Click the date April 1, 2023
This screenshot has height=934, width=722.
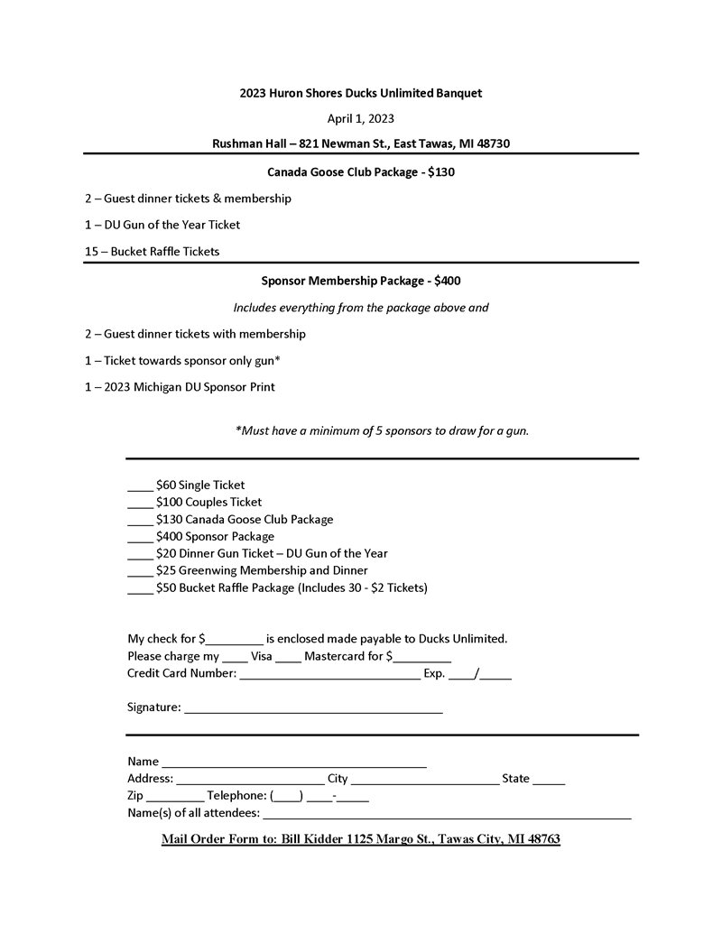coord(360,118)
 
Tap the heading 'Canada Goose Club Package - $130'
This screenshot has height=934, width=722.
coord(360,171)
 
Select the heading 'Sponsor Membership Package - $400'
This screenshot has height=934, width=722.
coord(360,281)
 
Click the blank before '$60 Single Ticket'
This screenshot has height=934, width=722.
coord(140,486)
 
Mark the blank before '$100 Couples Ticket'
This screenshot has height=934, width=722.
coord(140,504)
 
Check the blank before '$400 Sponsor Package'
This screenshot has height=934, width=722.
coord(140,538)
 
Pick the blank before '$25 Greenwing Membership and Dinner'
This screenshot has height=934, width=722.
coord(140,572)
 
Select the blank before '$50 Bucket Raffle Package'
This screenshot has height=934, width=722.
coord(140,589)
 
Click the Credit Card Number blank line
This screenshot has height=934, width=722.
coord(329,675)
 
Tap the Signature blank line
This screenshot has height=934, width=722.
coord(313,709)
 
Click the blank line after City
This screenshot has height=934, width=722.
coord(425,781)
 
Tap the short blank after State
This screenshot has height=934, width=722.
coord(549,781)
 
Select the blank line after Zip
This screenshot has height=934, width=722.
coord(174,798)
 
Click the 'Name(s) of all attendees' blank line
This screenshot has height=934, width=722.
coord(447,815)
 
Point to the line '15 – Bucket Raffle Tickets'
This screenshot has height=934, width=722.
coord(152,252)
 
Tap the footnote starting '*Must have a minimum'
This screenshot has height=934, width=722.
coord(382,431)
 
